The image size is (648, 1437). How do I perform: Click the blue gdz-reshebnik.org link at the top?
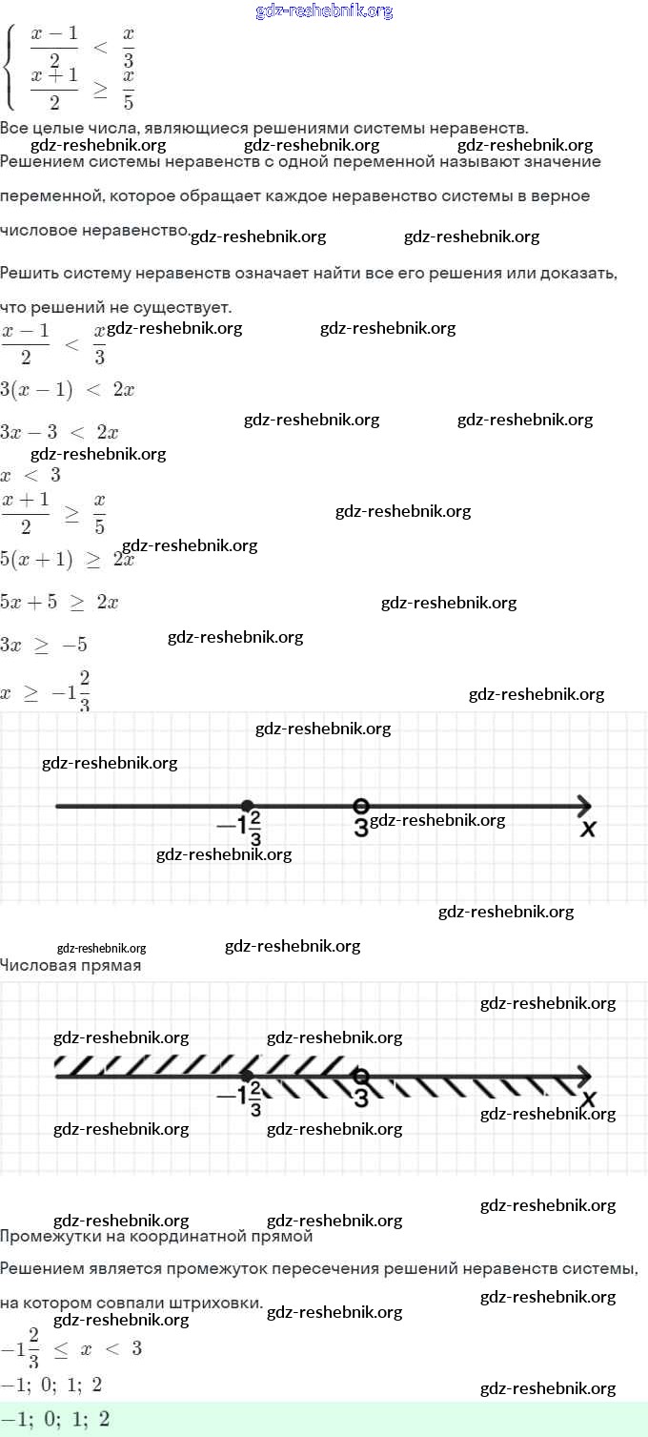[x=324, y=11]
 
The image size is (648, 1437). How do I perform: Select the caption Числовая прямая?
[x=71, y=966]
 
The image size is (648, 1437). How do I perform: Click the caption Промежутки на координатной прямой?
[x=156, y=1237]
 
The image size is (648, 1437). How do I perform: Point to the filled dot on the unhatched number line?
[x=247, y=806]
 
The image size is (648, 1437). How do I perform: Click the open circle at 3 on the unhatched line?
[x=360, y=806]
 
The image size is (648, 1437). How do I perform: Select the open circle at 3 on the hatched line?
[x=360, y=1077]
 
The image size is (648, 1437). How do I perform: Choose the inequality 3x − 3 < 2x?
[x=59, y=432]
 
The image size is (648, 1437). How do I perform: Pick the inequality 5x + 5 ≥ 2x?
[x=59, y=603]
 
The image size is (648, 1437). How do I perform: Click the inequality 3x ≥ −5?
[x=44, y=645]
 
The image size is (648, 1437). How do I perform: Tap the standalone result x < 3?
[x=30, y=475]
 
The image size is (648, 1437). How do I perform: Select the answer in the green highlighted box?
[x=55, y=1420]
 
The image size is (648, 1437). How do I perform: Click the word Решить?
[x=30, y=274]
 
